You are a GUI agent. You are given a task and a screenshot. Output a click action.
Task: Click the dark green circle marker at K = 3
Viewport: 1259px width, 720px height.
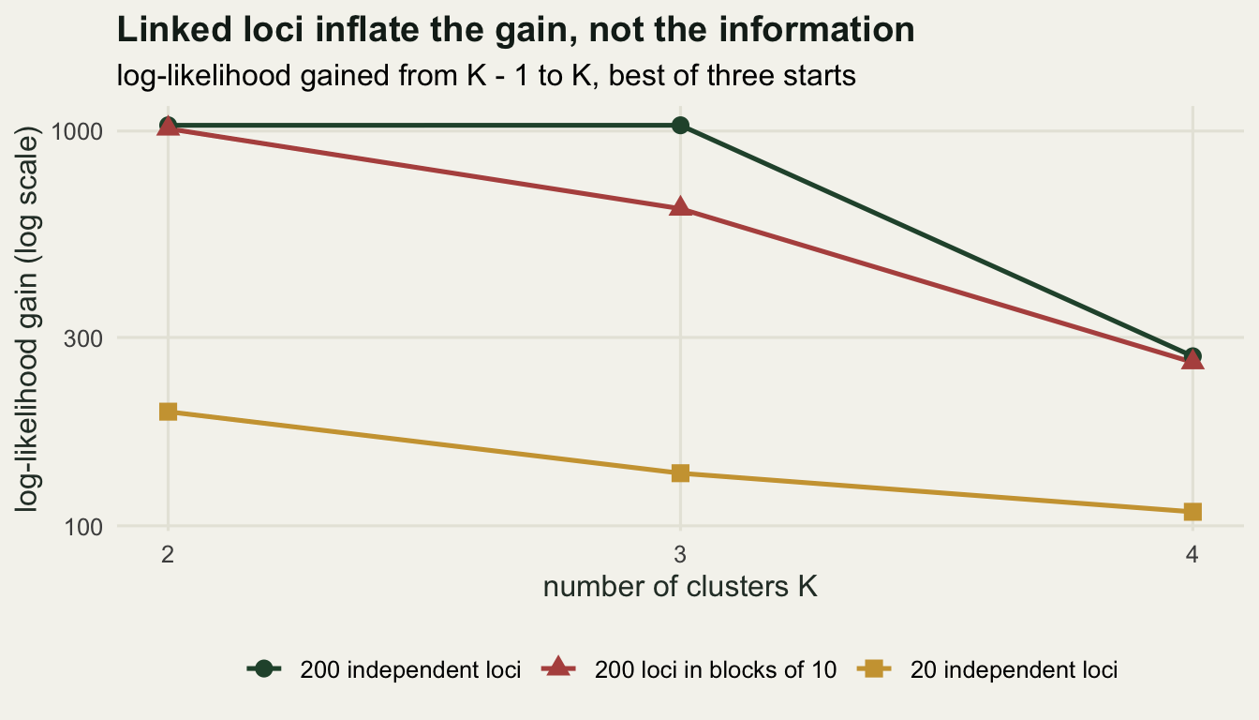(x=680, y=125)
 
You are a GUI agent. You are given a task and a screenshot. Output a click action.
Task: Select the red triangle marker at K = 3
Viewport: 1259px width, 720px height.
(x=680, y=207)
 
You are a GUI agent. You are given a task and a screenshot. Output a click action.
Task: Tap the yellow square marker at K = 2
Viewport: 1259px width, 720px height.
(x=168, y=412)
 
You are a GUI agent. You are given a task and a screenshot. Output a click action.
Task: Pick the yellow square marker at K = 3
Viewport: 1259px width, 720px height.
(x=680, y=473)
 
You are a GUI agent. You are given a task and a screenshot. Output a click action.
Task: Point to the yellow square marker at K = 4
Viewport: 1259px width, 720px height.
(x=1192, y=512)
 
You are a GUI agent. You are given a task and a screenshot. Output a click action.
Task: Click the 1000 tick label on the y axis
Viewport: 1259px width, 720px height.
(x=77, y=131)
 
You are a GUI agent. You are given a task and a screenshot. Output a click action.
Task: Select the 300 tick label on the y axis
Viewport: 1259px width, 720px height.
(x=83, y=338)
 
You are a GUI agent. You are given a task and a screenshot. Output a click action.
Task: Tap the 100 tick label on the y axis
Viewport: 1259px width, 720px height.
(x=83, y=527)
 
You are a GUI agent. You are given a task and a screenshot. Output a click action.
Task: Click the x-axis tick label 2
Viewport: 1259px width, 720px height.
(x=168, y=555)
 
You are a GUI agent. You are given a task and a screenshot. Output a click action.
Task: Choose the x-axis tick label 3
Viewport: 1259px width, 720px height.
(x=680, y=555)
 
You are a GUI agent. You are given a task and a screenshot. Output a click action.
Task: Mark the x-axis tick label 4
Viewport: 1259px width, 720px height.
(x=1192, y=555)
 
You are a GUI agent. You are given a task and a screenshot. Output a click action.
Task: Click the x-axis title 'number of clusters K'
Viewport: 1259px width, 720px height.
(x=680, y=587)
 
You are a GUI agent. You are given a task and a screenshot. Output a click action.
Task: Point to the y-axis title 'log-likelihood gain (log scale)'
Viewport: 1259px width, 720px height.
(x=26, y=320)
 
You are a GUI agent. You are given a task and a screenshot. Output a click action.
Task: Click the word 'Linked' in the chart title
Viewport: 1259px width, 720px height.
(x=173, y=29)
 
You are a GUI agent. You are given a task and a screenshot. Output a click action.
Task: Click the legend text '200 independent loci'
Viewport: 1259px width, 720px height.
(x=410, y=670)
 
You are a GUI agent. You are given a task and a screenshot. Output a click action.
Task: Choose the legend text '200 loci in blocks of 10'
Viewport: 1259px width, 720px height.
(x=716, y=670)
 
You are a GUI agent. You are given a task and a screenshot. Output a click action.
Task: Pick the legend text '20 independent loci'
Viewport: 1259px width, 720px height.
(x=1014, y=670)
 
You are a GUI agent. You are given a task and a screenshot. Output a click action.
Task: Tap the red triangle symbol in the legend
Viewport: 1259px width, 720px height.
(x=557, y=667)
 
